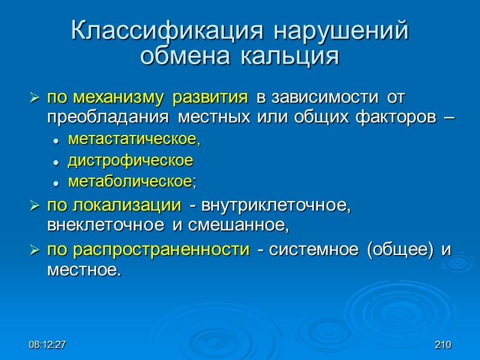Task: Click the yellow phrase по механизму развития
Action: tap(148, 97)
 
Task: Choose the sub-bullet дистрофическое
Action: tap(130, 160)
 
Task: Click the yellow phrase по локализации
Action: tap(113, 205)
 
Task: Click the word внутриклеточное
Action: tap(277, 205)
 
